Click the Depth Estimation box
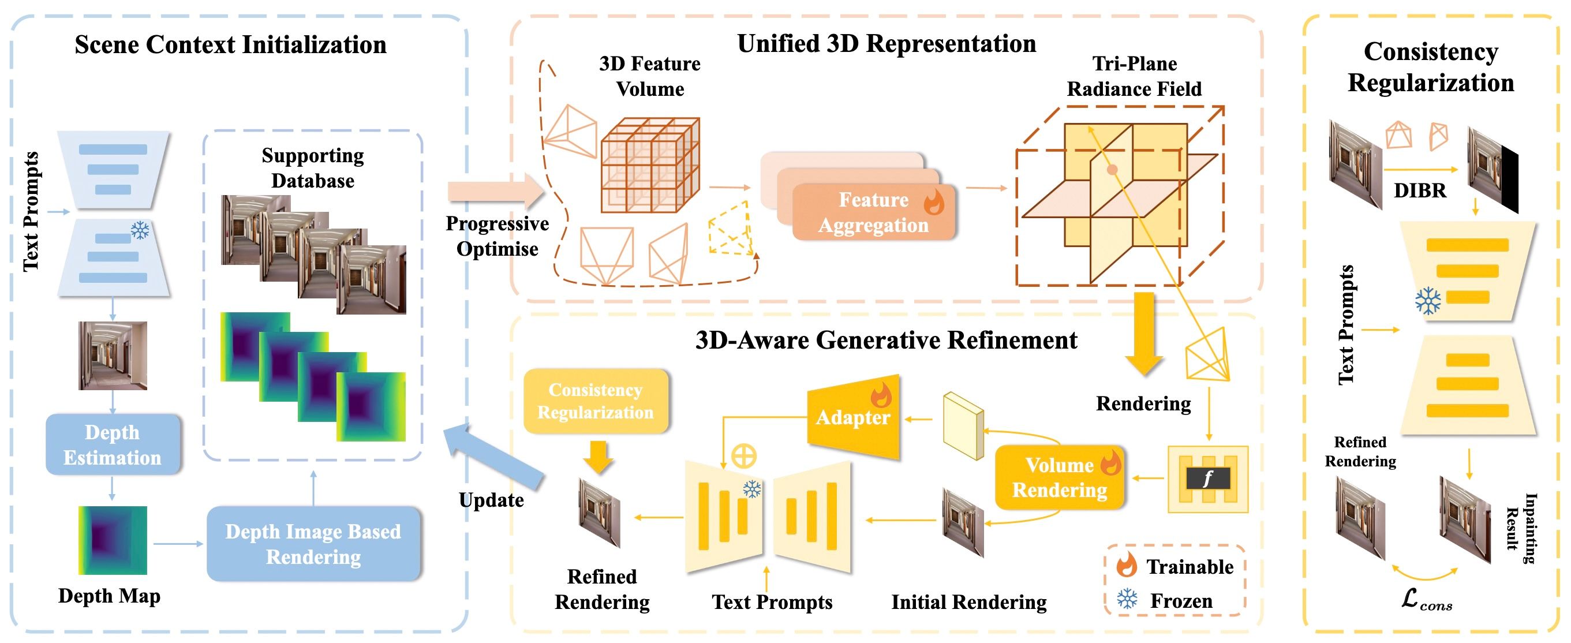(113, 444)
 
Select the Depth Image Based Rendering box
(313, 544)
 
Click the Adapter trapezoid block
(853, 417)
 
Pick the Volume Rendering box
(1059, 478)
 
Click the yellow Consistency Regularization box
(595, 401)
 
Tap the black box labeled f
(1207, 478)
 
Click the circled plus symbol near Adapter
(744, 456)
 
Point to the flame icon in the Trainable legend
(1127, 565)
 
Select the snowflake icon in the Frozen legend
(1127, 599)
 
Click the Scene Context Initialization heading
(230, 45)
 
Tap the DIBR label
(1420, 190)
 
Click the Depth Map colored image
(113, 540)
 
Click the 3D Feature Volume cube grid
(649, 165)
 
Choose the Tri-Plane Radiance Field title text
(1134, 76)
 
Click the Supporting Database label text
(313, 168)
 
